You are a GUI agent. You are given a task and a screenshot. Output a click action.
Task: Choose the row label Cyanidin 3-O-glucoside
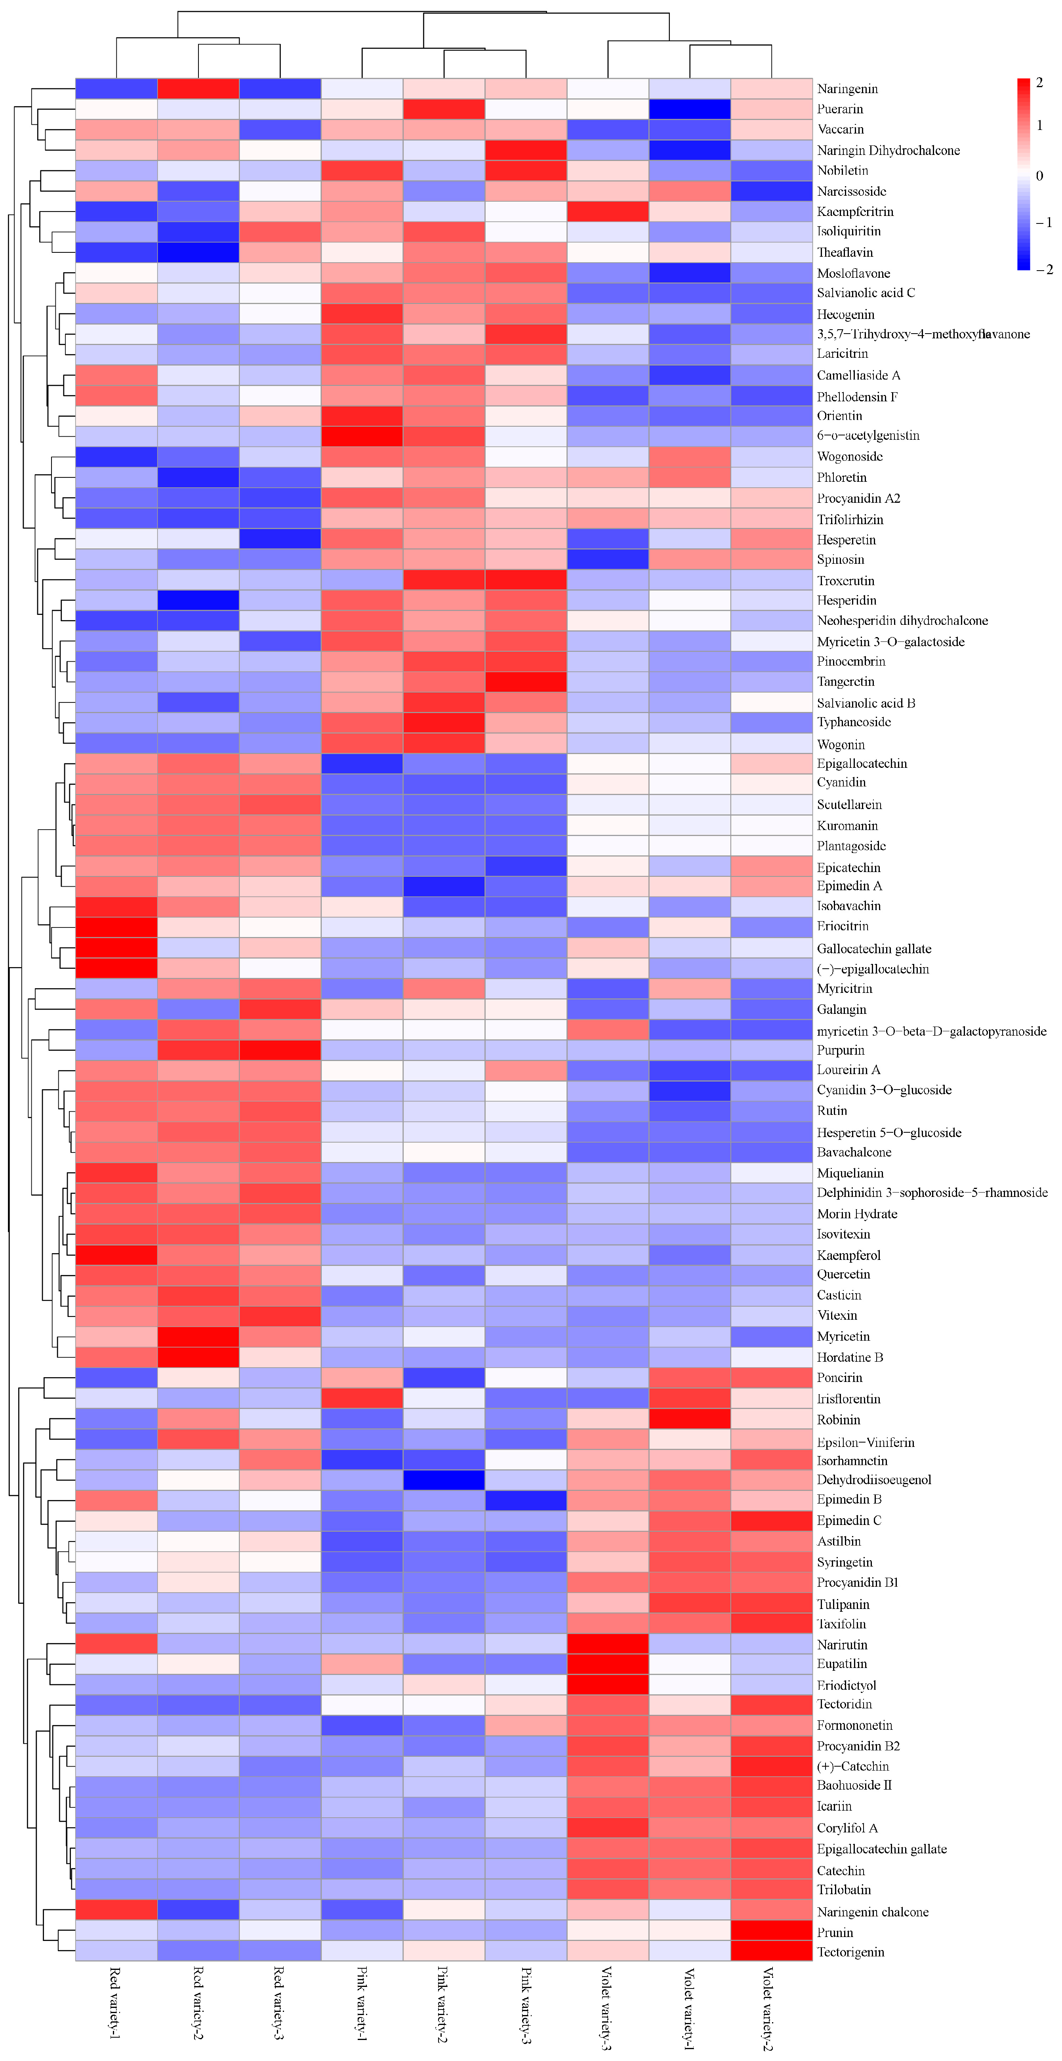coord(884,1090)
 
